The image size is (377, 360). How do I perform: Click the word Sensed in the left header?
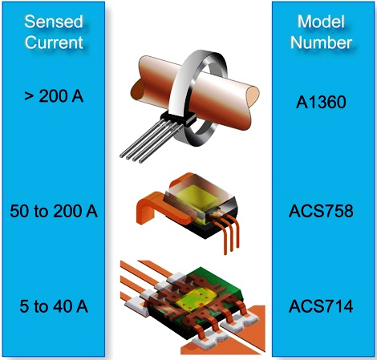point(54,22)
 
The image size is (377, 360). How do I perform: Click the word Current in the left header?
point(54,42)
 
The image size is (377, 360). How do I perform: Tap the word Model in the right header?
point(321,22)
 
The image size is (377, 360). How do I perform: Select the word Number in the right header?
point(321,42)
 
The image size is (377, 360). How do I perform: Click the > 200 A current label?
point(54,96)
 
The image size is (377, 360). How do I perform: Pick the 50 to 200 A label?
point(54,211)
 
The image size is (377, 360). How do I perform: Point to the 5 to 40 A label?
point(54,306)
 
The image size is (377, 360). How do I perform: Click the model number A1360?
point(321,102)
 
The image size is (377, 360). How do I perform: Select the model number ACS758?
point(321,211)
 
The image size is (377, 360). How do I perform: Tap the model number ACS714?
point(321,306)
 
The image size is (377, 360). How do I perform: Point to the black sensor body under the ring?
point(178,119)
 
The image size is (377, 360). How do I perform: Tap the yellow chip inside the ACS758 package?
point(197,197)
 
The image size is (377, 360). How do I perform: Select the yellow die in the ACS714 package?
point(196,301)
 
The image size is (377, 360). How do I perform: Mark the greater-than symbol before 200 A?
point(28,97)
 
